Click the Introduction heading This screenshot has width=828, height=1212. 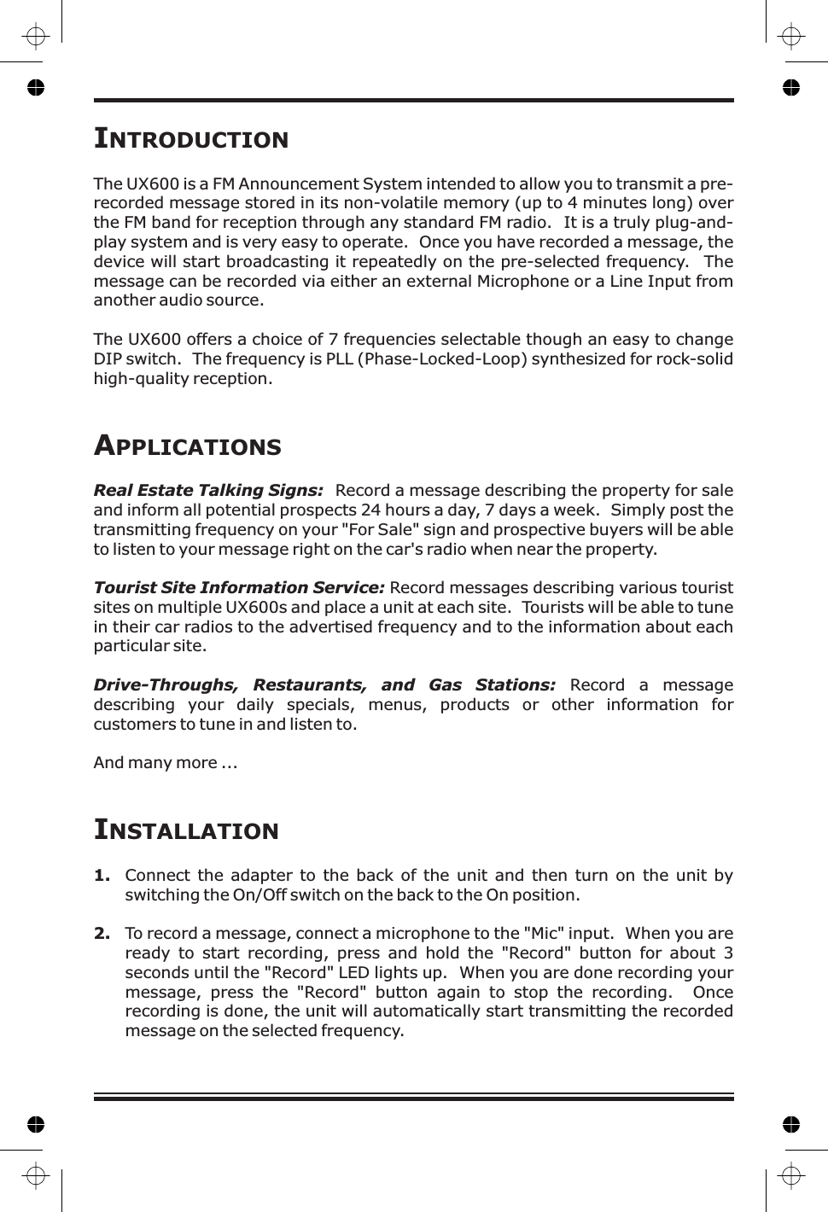pyautogui.click(x=191, y=138)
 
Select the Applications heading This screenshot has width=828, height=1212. pyautogui.click(x=187, y=446)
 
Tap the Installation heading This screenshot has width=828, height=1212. pyautogui.click(x=186, y=830)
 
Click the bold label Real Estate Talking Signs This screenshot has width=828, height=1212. pyautogui.click(x=208, y=491)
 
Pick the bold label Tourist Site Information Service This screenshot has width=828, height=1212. pyautogui.click(x=239, y=588)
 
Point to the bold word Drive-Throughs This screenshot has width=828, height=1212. pyautogui.click(x=165, y=685)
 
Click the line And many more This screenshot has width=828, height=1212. pyautogui.click(x=165, y=763)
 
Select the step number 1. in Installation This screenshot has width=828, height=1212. pyautogui.click(x=102, y=876)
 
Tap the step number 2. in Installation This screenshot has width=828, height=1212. pyautogui.click(x=102, y=934)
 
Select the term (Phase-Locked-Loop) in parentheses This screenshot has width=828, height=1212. pyautogui.click(x=441, y=359)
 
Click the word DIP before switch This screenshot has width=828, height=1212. pyautogui.click(x=108, y=359)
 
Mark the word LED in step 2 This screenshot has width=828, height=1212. pyautogui.click(x=355, y=973)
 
